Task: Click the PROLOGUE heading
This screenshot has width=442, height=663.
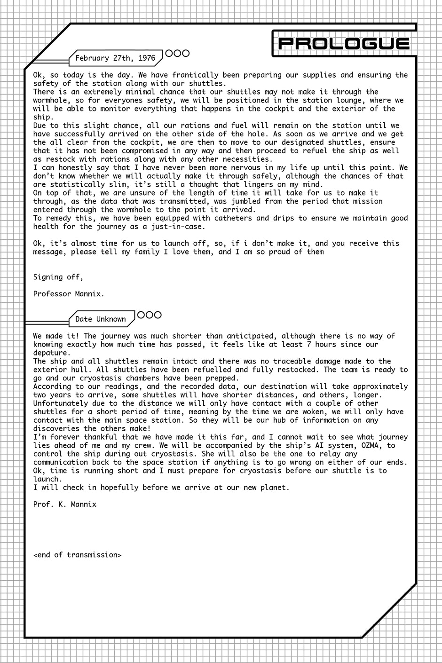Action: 344,44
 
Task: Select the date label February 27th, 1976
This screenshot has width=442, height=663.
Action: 115,58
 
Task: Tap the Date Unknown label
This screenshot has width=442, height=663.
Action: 101,319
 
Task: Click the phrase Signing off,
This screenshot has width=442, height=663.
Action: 58,277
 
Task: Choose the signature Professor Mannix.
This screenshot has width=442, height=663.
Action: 69,294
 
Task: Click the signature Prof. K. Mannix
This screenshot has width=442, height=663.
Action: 65,505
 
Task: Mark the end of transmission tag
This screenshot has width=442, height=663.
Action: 78,555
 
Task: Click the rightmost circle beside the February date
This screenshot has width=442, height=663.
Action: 185,54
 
